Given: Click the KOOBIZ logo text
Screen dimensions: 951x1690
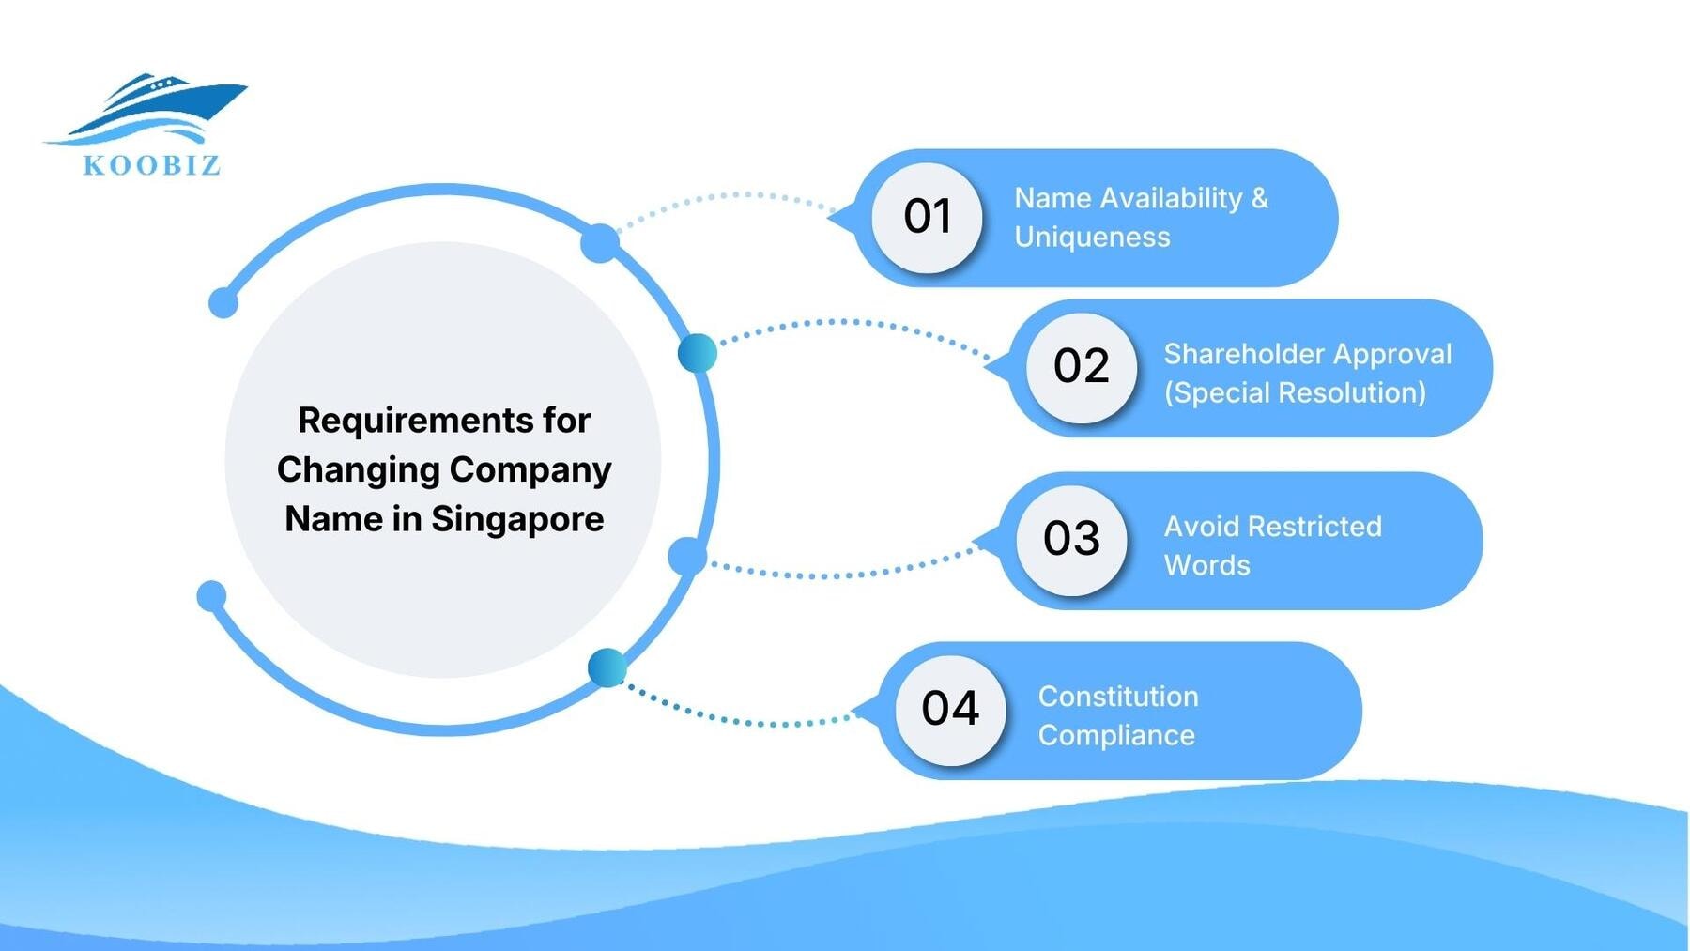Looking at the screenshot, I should (x=152, y=165).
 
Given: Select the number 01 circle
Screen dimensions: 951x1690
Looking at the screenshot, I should (x=927, y=218).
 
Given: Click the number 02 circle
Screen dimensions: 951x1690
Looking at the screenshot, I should (x=1081, y=367).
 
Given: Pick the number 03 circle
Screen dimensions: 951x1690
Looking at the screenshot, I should (x=1071, y=540).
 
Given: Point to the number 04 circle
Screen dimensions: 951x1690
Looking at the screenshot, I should (x=950, y=710).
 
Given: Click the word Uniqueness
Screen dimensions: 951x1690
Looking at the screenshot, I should (x=1092, y=238).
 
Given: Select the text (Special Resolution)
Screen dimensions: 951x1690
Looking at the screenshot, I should (x=1295, y=393).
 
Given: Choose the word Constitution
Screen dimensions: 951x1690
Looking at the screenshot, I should (x=1117, y=697).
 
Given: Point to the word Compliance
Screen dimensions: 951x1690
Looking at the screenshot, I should (x=1115, y=736).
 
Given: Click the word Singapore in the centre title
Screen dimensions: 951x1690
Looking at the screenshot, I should (x=517, y=519).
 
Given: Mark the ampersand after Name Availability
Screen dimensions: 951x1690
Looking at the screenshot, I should (x=1260, y=198).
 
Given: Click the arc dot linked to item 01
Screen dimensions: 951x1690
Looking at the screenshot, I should (x=600, y=244).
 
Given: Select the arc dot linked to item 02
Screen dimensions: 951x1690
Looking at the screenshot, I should (x=698, y=354).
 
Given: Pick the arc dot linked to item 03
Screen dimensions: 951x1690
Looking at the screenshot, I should (x=687, y=557).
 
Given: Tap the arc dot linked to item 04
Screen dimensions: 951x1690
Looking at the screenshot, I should (x=607, y=667).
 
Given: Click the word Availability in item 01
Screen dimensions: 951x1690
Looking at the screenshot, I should (x=1170, y=198).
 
